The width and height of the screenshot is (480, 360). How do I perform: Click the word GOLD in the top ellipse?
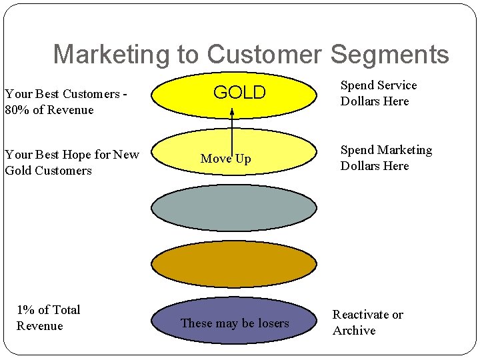click(239, 93)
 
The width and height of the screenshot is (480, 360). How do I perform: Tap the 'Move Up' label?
click(225, 159)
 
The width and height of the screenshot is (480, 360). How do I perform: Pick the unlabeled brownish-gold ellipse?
click(233, 264)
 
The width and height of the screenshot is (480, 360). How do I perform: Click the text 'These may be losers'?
click(235, 323)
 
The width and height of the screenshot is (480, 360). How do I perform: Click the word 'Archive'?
click(354, 331)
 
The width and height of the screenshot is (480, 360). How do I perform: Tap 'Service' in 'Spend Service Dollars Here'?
click(397, 85)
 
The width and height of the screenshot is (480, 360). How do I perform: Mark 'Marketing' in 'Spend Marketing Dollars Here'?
click(405, 150)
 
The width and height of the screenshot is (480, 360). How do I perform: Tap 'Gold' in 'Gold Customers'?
click(18, 171)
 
